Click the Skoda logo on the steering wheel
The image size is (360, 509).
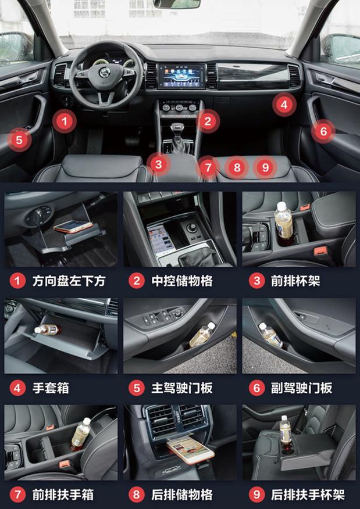[105, 73]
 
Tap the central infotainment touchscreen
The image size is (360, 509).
[181, 76]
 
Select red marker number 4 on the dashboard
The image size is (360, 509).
[284, 105]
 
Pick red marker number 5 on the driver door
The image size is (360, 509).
[19, 140]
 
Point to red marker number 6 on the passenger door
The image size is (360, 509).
[323, 131]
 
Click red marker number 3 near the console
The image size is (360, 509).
[159, 164]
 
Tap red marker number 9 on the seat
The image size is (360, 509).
[265, 167]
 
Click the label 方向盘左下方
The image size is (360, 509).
[69, 281]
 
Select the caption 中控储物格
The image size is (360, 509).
[182, 281]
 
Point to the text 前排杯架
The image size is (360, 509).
[295, 281]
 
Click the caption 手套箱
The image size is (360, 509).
[51, 388]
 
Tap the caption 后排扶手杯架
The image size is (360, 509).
[308, 494]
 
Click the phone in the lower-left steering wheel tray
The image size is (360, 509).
[73, 226]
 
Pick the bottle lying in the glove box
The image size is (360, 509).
[48, 330]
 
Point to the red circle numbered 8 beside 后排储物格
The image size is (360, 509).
[137, 494]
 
